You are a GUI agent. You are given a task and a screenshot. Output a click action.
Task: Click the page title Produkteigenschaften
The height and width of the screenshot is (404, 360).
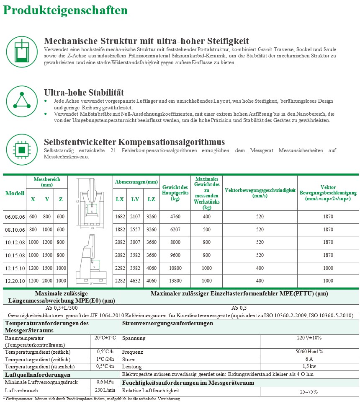66,10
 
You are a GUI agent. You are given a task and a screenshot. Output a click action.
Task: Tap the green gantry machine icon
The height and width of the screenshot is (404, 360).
19,51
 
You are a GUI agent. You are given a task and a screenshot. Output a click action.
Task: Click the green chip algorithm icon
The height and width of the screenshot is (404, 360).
19,148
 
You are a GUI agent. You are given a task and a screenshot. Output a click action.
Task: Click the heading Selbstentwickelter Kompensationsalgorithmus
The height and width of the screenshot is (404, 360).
134,142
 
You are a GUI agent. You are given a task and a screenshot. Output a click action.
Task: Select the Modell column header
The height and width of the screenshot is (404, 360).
15,193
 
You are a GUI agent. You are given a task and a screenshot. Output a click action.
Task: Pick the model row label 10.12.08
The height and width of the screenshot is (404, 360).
15,242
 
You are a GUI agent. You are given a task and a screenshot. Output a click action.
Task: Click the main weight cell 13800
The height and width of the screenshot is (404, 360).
175,281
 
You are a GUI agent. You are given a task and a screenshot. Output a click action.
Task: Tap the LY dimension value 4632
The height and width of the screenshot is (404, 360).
135,281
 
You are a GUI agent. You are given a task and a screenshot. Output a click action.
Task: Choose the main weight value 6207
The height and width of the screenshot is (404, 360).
175,230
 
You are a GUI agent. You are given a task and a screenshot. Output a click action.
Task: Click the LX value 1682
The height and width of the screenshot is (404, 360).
120,217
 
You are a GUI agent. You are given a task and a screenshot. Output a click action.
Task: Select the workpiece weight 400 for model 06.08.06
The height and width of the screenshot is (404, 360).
207,217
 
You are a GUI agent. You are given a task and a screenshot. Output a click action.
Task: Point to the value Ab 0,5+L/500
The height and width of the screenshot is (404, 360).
61,308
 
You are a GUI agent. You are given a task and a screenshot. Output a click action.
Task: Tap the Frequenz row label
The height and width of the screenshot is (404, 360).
132,352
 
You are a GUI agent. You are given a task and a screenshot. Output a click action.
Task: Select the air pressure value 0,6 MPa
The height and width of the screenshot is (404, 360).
105,382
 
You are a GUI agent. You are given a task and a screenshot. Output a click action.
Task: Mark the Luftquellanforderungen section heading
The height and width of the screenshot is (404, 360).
37,375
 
